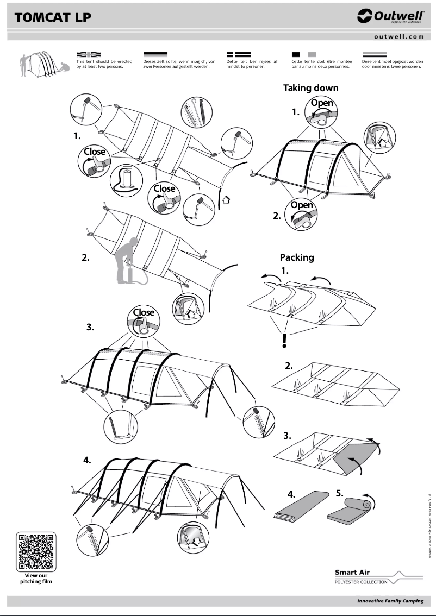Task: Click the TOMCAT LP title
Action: coord(53,17)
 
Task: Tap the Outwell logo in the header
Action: coord(390,17)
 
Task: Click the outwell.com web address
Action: coord(398,36)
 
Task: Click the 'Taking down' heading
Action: coord(310,88)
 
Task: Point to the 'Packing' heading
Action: coord(297,257)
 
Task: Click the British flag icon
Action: coord(89,55)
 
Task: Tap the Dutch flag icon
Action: coord(374,55)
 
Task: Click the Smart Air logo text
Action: coord(352,572)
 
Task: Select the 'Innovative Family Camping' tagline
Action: coord(390,601)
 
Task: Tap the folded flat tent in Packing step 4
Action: coord(301,506)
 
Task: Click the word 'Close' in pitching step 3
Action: coord(144,312)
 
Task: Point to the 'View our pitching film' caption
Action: coord(36,578)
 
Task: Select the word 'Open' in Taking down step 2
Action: coord(302,205)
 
